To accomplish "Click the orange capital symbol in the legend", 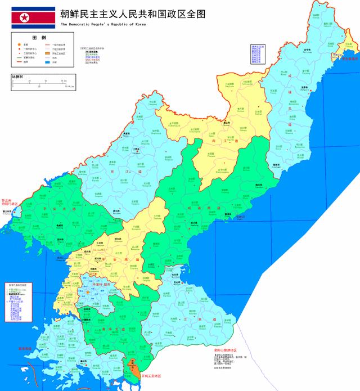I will pos(20,44).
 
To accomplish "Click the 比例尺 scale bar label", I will pos(17,75).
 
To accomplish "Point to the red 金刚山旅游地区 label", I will pos(226,349).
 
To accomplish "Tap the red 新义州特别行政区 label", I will pos(11,202).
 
